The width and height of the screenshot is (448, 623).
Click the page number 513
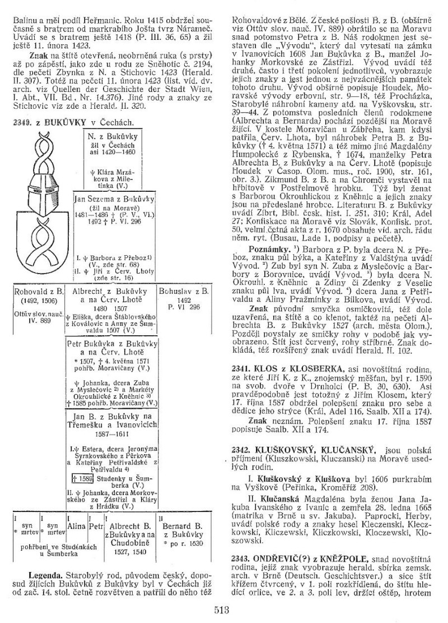tap(224, 606)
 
